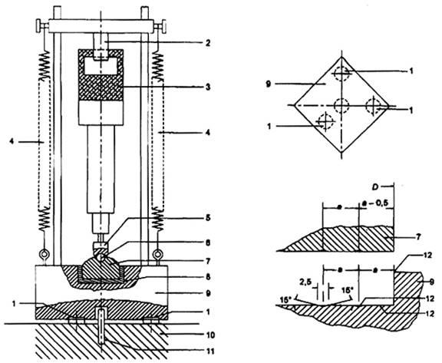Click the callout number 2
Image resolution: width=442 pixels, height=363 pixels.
point(208,43)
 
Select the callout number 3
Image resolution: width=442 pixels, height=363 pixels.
point(208,87)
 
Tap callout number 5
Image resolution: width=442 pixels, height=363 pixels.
point(208,218)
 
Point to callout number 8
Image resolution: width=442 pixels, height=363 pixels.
point(208,277)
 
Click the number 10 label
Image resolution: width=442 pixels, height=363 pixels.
point(210,335)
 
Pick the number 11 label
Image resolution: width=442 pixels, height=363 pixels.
point(210,351)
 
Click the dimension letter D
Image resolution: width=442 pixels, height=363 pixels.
point(375,186)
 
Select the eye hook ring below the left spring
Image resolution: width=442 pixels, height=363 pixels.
point(44,254)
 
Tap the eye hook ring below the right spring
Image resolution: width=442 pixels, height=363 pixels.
point(157,254)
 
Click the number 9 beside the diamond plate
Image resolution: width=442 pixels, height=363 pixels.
point(268,84)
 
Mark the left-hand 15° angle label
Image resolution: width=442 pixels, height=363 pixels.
point(285,299)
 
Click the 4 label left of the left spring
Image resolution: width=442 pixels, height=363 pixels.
point(12,142)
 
